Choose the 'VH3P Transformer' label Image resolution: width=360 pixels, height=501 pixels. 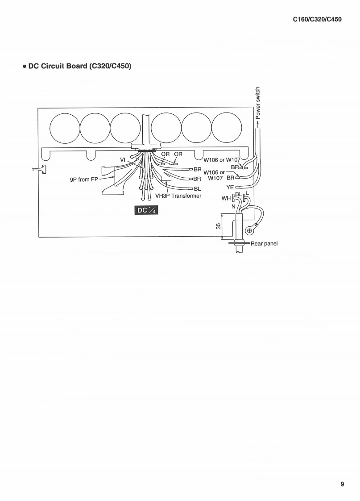[x=178, y=196]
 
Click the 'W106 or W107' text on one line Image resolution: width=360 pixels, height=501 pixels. [x=222, y=160]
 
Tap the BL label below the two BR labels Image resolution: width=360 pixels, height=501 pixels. [x=197, y=188]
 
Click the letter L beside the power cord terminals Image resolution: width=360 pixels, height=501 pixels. [x=248, y=193]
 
